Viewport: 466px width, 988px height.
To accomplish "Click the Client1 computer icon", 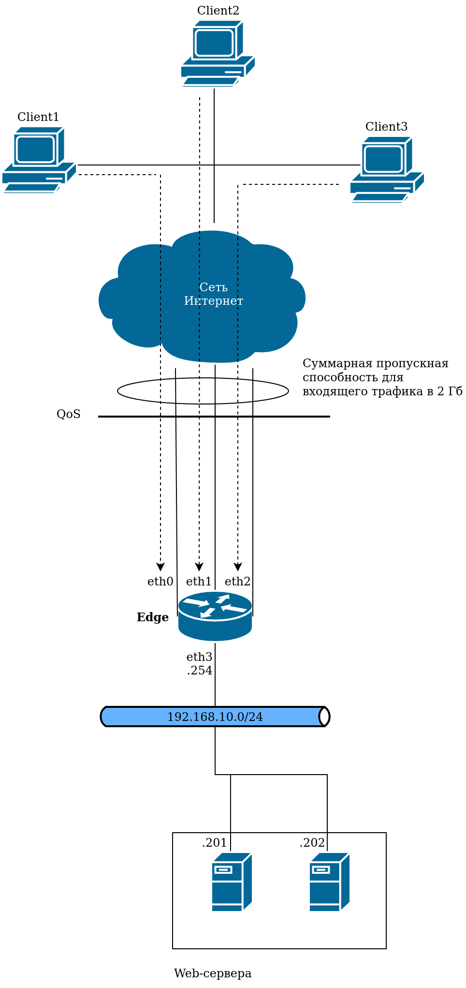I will (x=39, y=160).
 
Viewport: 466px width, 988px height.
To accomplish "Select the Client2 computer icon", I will (x=218, y=54).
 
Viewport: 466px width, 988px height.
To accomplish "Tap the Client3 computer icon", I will (x=387, y=169).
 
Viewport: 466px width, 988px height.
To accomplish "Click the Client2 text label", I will (x=218, y=10).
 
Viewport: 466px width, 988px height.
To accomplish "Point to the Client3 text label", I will (x=386, y=127).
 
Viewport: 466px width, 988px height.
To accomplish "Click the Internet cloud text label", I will (x=213, y=294).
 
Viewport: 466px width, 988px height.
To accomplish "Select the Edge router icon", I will (x=215, y=616).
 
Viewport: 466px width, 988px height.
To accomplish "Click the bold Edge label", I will (x=153, y=617).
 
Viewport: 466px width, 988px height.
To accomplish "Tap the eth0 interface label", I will (x=160, y=582).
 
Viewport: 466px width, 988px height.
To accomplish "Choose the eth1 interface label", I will (x=199, y=582).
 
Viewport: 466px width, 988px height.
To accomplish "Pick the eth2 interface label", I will (x=237, y=582).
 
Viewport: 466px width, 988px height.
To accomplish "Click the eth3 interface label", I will (x=199, y=657).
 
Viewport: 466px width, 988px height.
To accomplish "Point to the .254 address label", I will (x=200, y=671).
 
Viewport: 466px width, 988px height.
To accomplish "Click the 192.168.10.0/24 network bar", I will (x=215, y=717).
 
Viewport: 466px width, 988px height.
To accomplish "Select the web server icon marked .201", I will (x=232, y=882).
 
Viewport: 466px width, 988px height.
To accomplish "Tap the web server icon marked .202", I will (x=329, y=882).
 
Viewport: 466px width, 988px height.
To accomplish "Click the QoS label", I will (x=69, y=414).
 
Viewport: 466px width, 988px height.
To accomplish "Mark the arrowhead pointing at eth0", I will (x=160, y=567).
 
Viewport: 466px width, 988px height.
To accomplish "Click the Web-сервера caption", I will (x=213, y=973).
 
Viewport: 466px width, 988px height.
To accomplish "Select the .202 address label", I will (x=312, y=843).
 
